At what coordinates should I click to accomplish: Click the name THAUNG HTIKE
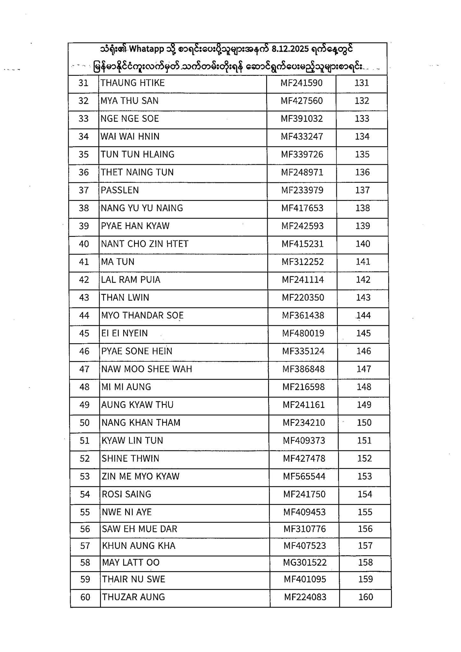tap(132, 83)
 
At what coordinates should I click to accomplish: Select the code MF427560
tap(301, 101)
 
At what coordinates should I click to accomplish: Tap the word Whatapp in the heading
tap(147, 49)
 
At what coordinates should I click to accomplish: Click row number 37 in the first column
tap(83, 190)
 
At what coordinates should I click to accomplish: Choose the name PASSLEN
tap(120, 190)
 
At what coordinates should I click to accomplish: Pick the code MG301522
tap(305, 563)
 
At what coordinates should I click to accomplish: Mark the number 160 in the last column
tap(365, 597)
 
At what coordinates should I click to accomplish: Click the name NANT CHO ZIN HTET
tap(145, 244)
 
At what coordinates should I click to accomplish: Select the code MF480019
tap(303, 333)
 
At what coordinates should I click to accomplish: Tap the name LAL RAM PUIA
tap(131, 280)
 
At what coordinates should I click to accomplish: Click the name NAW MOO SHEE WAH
tap(146, 369)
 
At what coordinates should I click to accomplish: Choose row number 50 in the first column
tap(84, 423)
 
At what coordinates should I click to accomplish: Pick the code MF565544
tap(304, 477)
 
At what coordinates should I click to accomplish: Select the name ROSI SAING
tap(126, 494)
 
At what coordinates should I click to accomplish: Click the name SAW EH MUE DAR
tap(139, 529)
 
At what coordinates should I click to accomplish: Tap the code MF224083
tap(305, 597)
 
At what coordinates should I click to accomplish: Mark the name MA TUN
tap(117, 262)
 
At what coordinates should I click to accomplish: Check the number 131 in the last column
tap(362, 83)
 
